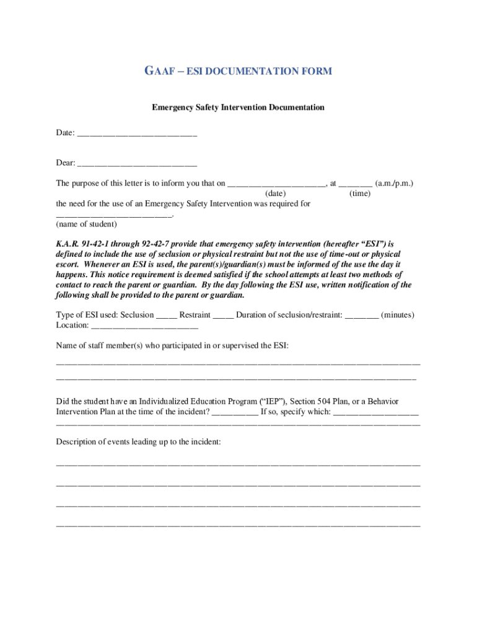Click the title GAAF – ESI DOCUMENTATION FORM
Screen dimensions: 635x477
(239, 71)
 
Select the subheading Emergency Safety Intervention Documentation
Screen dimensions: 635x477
(239, 107)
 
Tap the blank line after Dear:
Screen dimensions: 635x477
(137, 164)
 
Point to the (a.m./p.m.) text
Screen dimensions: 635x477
(395, 184)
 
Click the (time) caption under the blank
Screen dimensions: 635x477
(360, 193)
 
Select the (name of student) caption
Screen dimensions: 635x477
(86, 224)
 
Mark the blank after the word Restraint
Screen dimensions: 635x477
(223, 316)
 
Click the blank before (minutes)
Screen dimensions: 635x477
(361, 316)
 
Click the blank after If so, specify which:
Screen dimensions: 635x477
(375, 412)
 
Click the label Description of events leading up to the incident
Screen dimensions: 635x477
(138, 442)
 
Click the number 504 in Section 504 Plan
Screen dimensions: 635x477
(324, 401)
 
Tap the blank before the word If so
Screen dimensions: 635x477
(235, 412)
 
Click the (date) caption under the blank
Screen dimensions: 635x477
(276, 193)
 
